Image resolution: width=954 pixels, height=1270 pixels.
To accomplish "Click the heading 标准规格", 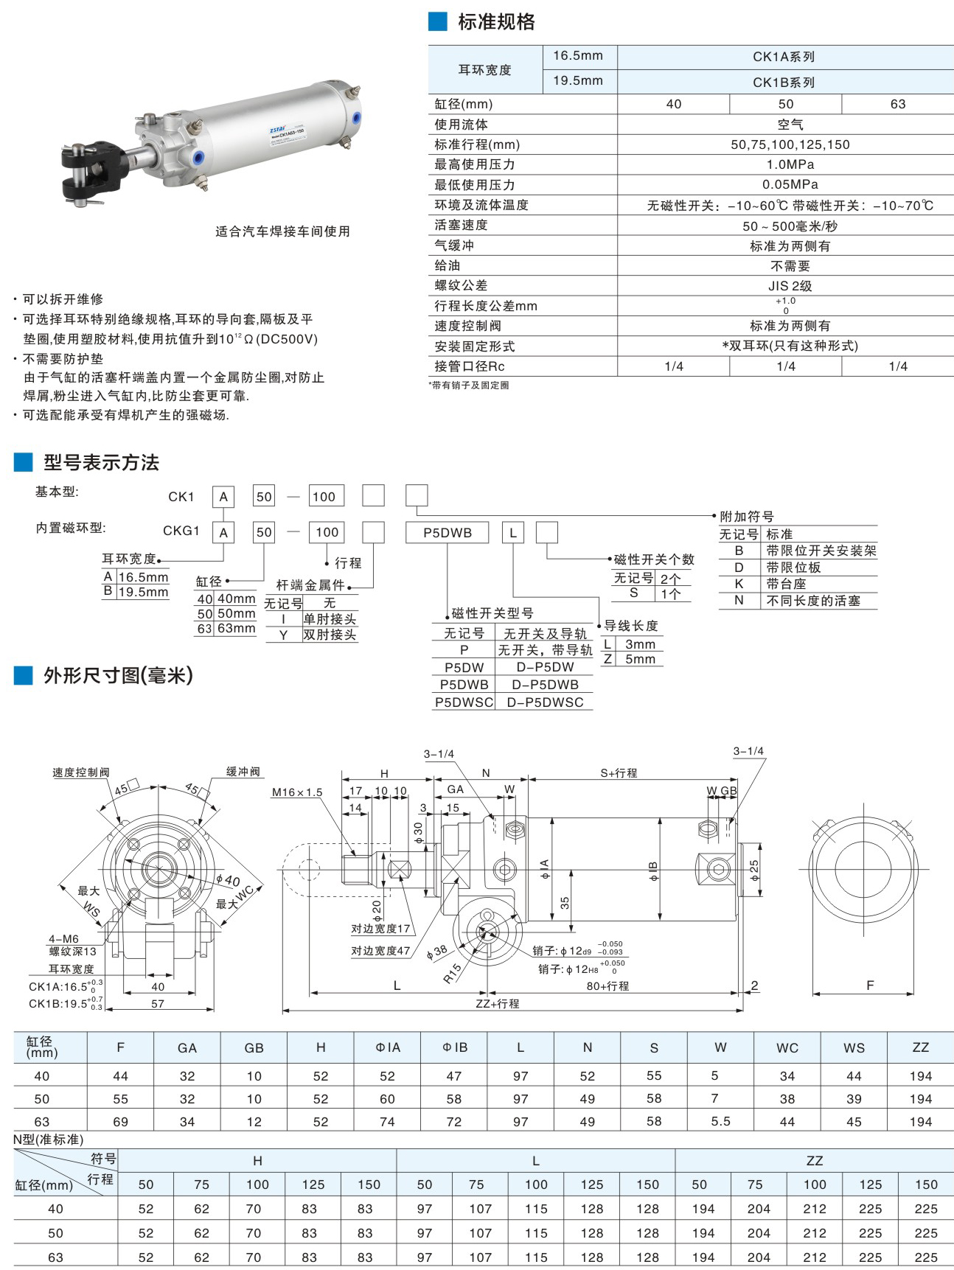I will click(496, 22).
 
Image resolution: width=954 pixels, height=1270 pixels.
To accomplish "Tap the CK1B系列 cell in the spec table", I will click(784, 82).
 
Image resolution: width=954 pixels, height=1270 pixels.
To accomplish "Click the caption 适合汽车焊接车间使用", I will click(282, 231).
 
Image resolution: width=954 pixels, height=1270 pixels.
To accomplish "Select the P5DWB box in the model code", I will click(447, 532).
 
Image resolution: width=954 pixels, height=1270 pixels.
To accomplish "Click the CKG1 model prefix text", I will click(181, 531).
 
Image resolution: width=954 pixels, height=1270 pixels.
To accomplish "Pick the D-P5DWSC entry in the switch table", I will click(545, 702).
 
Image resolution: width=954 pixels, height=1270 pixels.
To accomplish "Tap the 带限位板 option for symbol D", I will click(793, 568).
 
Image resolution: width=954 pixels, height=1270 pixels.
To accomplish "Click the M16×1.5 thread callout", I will click(297, 792).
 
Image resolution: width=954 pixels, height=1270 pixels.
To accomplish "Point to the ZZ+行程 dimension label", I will click(498, 1003).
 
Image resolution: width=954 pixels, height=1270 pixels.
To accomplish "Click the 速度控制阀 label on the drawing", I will click(80, 772).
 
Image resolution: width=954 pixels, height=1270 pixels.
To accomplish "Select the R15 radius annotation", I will click(452, 974).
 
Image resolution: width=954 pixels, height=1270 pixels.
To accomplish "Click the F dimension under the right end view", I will click(870, 985).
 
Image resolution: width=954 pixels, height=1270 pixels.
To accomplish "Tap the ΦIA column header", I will click(388, 1047).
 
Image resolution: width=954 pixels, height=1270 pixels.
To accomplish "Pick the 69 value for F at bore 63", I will click(121, 1122).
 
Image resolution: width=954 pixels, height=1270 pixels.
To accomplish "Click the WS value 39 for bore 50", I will click(854, 1099).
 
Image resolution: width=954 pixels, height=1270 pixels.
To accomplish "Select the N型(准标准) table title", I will click(49, 1140).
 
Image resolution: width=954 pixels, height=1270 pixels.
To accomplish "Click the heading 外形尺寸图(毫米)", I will click(118, 675).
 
